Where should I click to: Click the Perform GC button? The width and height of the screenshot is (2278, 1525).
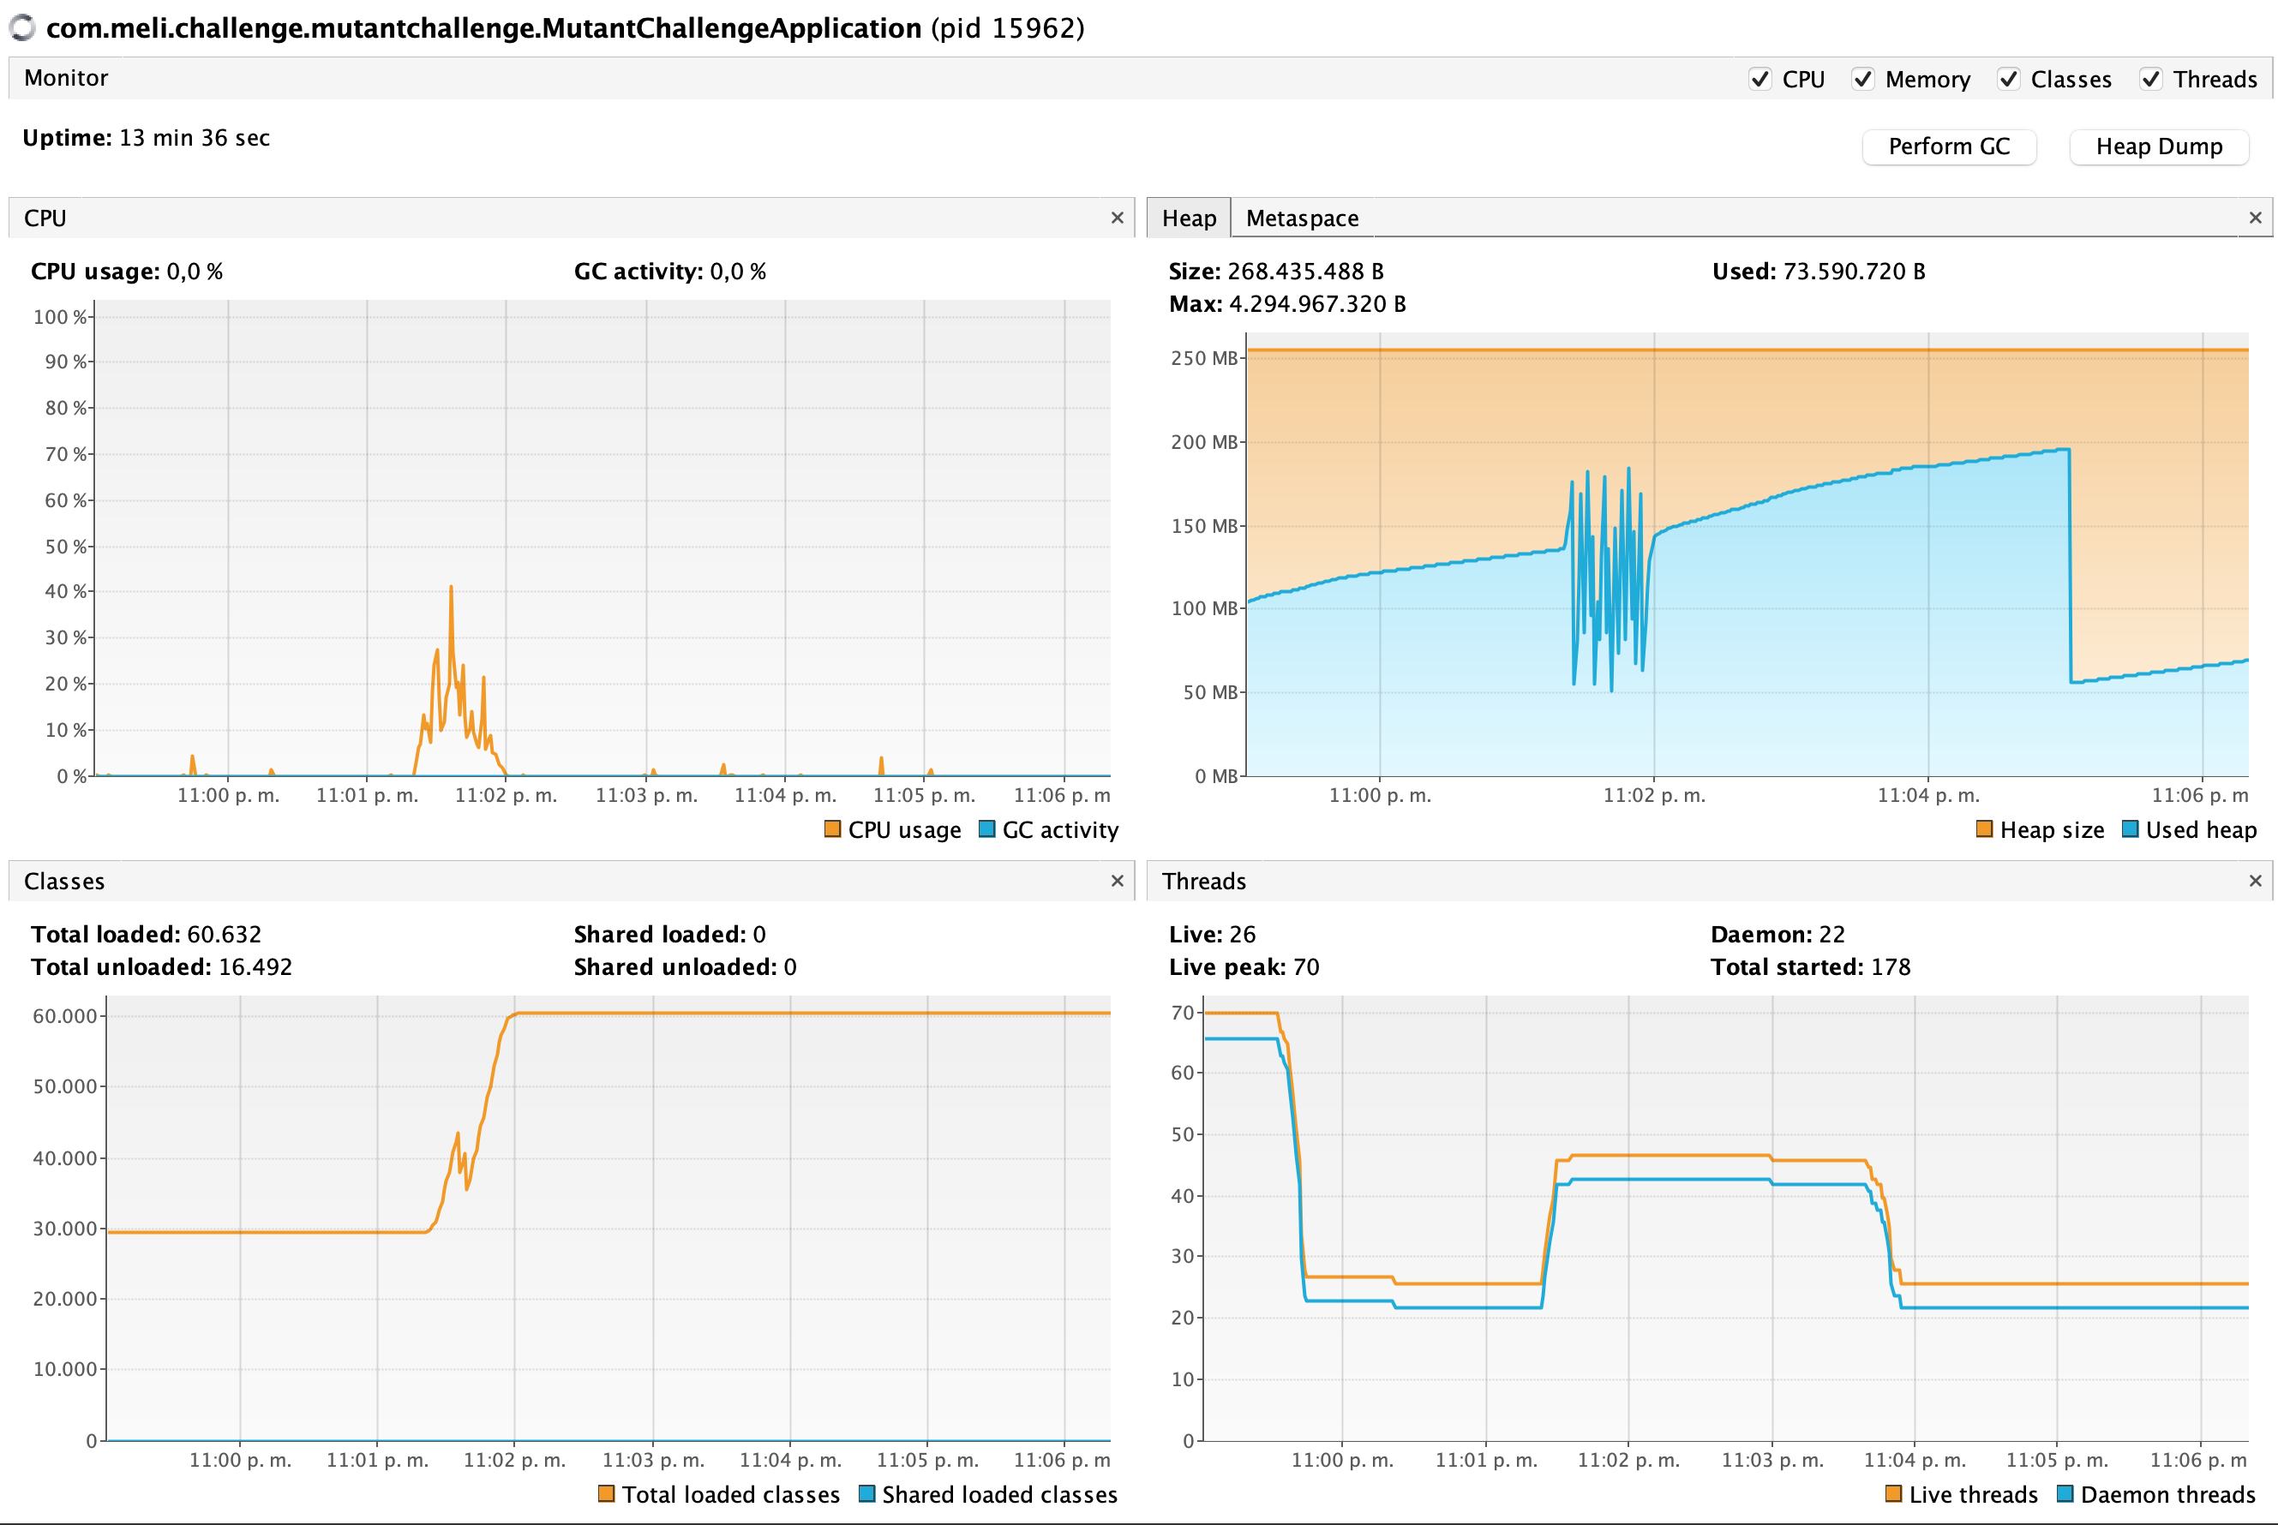[1948, 147]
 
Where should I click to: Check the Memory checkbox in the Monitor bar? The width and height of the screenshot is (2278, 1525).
[1862, 79]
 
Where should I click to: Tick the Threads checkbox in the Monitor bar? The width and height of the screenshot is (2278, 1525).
[2150, 79]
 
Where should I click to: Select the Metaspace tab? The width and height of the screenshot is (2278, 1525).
[1302, 218]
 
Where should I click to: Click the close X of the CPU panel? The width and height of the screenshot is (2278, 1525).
[1117, 218]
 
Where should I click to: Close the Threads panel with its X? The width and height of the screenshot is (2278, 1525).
[2255, 881]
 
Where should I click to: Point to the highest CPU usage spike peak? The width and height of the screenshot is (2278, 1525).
[452, 588]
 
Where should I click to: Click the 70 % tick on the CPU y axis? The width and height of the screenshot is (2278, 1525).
[66, 454]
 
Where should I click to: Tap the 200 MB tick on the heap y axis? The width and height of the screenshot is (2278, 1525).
[1204, 443]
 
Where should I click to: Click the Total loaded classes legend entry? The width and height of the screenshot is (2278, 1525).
[719, 1495]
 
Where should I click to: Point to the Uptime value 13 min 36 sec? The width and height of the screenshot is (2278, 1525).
[195, 138]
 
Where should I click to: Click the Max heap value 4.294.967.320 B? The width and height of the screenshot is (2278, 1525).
[1317, 304]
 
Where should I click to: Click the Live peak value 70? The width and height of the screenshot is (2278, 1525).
[1305, 966]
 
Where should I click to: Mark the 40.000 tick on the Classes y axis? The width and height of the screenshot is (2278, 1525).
[65, 1158]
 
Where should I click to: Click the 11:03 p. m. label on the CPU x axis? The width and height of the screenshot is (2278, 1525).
[646, 796]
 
